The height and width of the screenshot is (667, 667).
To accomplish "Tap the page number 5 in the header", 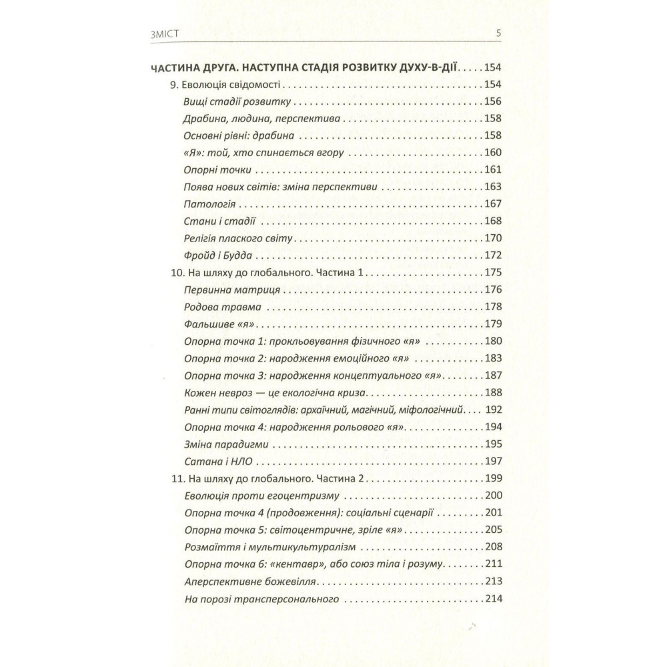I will (498, 35).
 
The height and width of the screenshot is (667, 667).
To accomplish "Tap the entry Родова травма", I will (217, 307).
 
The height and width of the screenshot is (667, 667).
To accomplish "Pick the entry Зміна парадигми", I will (222, 444).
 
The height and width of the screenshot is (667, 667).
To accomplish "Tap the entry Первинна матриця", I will (226, 290).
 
